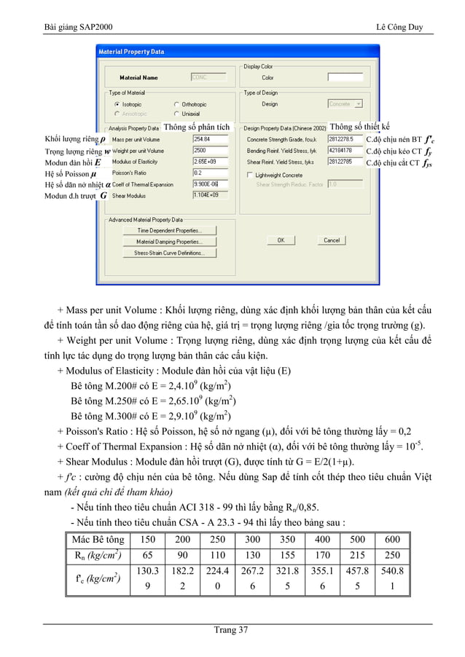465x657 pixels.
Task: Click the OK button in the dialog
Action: [x=281, y=240]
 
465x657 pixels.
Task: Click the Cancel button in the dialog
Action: [x=332, y=240]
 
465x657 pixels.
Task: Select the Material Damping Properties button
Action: [x=169, y=242]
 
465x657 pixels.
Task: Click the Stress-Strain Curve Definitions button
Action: [x=169, y=253]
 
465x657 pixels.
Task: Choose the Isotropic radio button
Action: [x=116, y=104]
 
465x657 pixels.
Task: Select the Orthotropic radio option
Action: [x=176, y=104]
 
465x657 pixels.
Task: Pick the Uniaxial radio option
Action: [x=176, y=114]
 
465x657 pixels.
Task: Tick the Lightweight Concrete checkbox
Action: [x=249, y=175]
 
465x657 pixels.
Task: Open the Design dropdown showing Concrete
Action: [x=345, y=104]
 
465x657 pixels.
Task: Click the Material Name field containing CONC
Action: [x=209, y=77]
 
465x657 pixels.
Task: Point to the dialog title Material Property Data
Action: [x=132, y=52]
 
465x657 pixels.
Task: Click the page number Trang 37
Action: [x=232, y=630]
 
